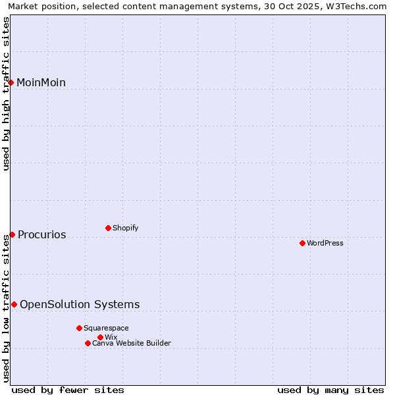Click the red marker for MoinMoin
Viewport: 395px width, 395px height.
tap(11, 82)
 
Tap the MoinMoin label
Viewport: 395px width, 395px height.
tap(41, 82)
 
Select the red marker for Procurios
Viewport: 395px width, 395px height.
tap(12, 234)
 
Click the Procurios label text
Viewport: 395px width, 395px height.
tap(41, 234)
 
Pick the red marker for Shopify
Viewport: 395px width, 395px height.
tap(108, 228)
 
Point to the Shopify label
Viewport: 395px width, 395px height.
tap(125, 228)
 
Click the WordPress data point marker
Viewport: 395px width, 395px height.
tap(302, 243)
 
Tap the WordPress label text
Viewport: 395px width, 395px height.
tap(325, 243)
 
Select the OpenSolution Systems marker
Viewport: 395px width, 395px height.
tap(14, 304)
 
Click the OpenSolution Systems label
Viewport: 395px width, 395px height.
tap(80, 304)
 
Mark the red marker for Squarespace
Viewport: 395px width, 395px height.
tap(79, 328)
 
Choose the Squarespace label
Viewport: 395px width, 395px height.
tap(106, 328)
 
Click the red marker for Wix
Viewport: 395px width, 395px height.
tap(100, 337)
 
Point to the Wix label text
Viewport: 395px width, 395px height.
tap(111, 337)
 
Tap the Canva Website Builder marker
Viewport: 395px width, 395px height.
tap(88, 343)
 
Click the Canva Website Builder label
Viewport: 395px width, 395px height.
tap(131, 343)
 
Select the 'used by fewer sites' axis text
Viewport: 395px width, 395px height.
tap(68, 390)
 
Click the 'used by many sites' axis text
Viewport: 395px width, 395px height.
tap(330, 390)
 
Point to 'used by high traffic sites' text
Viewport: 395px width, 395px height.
tap(7, 93)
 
